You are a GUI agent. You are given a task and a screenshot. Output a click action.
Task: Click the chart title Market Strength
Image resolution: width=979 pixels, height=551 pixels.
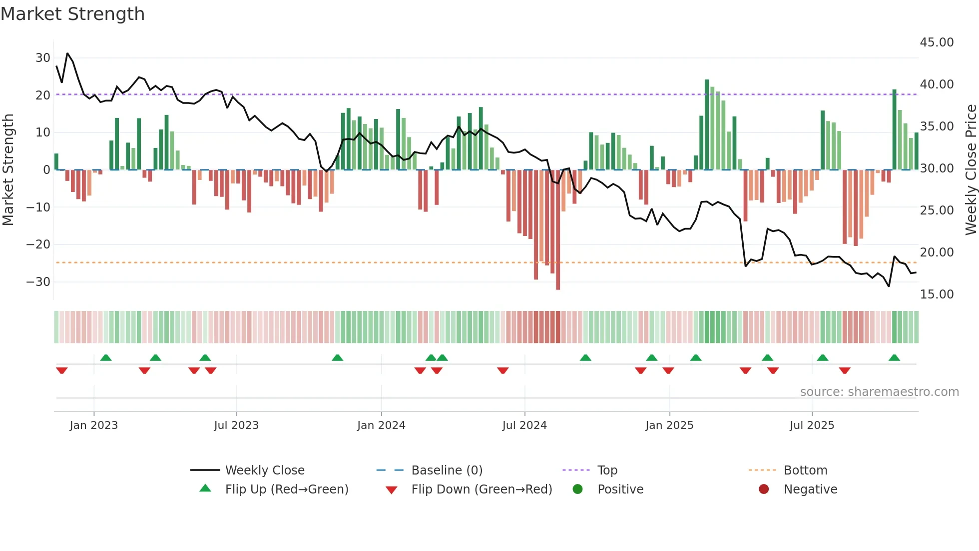(72, 14)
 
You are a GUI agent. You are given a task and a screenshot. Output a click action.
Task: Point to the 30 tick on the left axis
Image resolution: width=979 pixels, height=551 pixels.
(42, 58)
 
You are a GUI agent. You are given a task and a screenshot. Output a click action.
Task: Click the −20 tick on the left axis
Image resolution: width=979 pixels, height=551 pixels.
(38, 244)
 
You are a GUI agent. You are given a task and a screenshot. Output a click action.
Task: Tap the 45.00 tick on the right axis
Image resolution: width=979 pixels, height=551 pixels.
(937, 42)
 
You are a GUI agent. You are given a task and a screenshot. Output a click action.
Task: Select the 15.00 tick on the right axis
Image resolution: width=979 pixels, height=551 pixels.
(937, 294)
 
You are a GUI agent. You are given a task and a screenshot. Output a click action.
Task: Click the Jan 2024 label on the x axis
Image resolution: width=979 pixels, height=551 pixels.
(381, 425)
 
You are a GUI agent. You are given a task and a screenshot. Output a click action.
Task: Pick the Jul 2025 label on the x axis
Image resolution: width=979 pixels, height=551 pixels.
(812, 425)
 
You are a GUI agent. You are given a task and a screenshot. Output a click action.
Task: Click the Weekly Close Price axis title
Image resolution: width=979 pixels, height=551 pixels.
(971, 170)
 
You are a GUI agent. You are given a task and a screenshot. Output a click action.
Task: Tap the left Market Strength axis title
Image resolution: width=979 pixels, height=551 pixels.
(8, 170)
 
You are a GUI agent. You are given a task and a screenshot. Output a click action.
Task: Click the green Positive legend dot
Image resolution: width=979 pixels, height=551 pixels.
(578, 489)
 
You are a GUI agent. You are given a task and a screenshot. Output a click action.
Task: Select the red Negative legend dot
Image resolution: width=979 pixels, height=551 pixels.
(764, 489)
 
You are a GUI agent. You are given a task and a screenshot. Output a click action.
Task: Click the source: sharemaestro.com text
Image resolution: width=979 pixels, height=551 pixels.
(879, 392)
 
